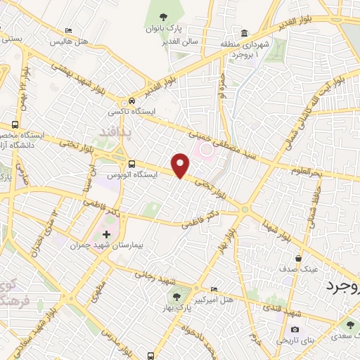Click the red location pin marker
click(181, 165)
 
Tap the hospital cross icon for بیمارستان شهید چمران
click(106, 233)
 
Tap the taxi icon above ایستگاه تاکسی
click(131, 101)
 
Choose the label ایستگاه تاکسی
click(130, 112)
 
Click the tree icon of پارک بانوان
click(163, 18)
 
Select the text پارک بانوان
click(163, 29)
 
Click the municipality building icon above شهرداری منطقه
click(244, 33)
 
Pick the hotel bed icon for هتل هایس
click(67, 31)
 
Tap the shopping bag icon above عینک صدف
click(300, 258)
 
